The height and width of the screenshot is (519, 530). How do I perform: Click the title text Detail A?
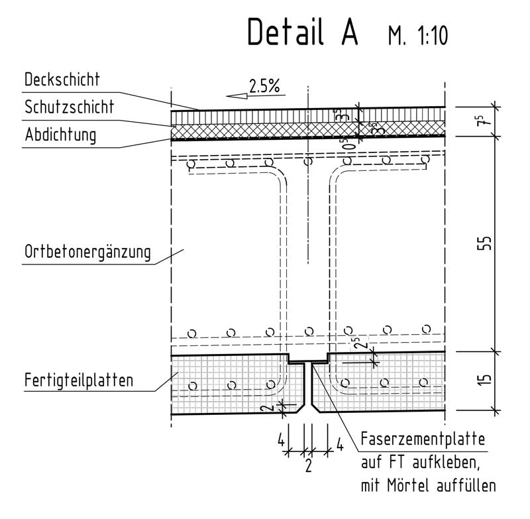303,31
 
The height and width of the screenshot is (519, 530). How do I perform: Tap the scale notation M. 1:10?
418,36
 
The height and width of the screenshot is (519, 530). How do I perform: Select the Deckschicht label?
62,80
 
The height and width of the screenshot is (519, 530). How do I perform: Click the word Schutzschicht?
70,107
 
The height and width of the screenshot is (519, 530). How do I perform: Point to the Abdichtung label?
60,135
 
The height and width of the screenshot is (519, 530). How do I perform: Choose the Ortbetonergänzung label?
87,253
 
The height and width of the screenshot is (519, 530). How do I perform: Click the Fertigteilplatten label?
79,380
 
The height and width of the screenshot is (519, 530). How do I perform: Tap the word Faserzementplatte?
423,439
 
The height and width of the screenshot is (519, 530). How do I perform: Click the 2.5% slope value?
264,86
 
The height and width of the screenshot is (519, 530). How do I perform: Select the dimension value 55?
484,243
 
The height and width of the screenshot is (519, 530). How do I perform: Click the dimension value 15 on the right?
484,379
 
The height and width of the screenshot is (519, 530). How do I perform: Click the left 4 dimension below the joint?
281,441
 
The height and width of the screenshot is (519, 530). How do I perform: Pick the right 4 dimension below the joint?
340,445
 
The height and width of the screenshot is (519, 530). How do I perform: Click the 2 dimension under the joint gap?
308,465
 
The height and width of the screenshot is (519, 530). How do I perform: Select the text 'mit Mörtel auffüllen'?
428,486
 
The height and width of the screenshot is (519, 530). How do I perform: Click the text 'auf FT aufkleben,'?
420,462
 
